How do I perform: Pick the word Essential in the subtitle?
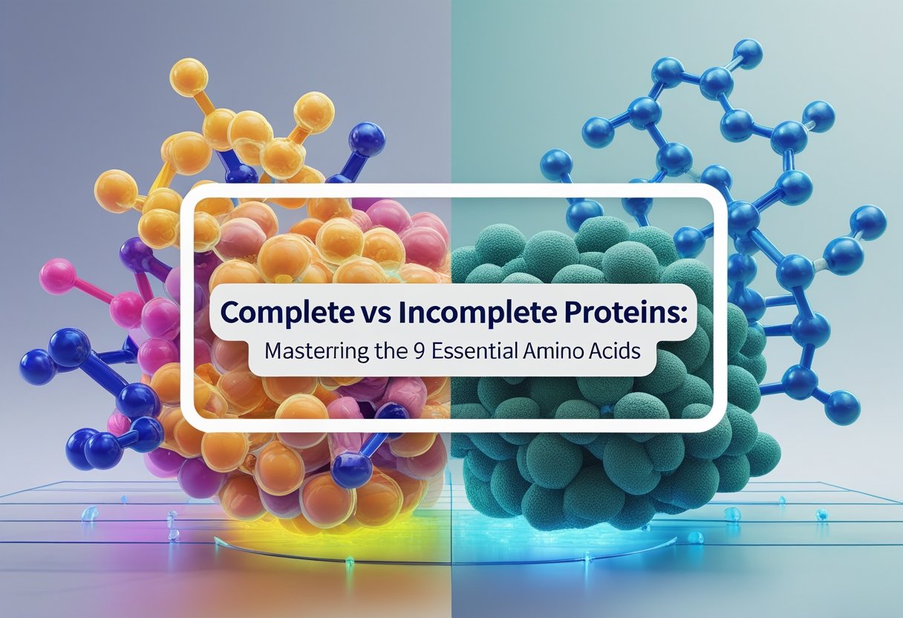tap(474, 351)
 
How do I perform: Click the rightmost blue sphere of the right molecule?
tap(870, 221)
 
